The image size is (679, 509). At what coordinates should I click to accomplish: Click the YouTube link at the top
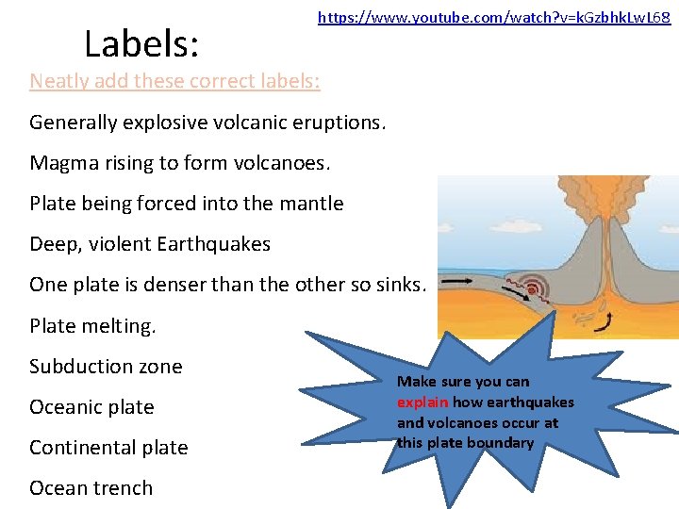pos(494,17)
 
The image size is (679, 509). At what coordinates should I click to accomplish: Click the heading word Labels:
pos(141,43)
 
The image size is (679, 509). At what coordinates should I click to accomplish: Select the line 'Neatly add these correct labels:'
pos(174,81)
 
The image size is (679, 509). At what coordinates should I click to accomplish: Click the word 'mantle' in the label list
pos(312,204)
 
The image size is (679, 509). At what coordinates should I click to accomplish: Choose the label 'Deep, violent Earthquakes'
pos(150,244)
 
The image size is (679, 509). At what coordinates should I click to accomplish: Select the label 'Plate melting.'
pos(93,326)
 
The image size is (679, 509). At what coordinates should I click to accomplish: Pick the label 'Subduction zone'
pos(106,367)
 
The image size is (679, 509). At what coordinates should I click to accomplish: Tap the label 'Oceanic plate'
pos(91,407)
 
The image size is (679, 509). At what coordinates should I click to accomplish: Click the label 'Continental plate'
pos(108,448)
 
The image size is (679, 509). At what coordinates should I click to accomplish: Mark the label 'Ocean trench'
pos(91,488)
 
